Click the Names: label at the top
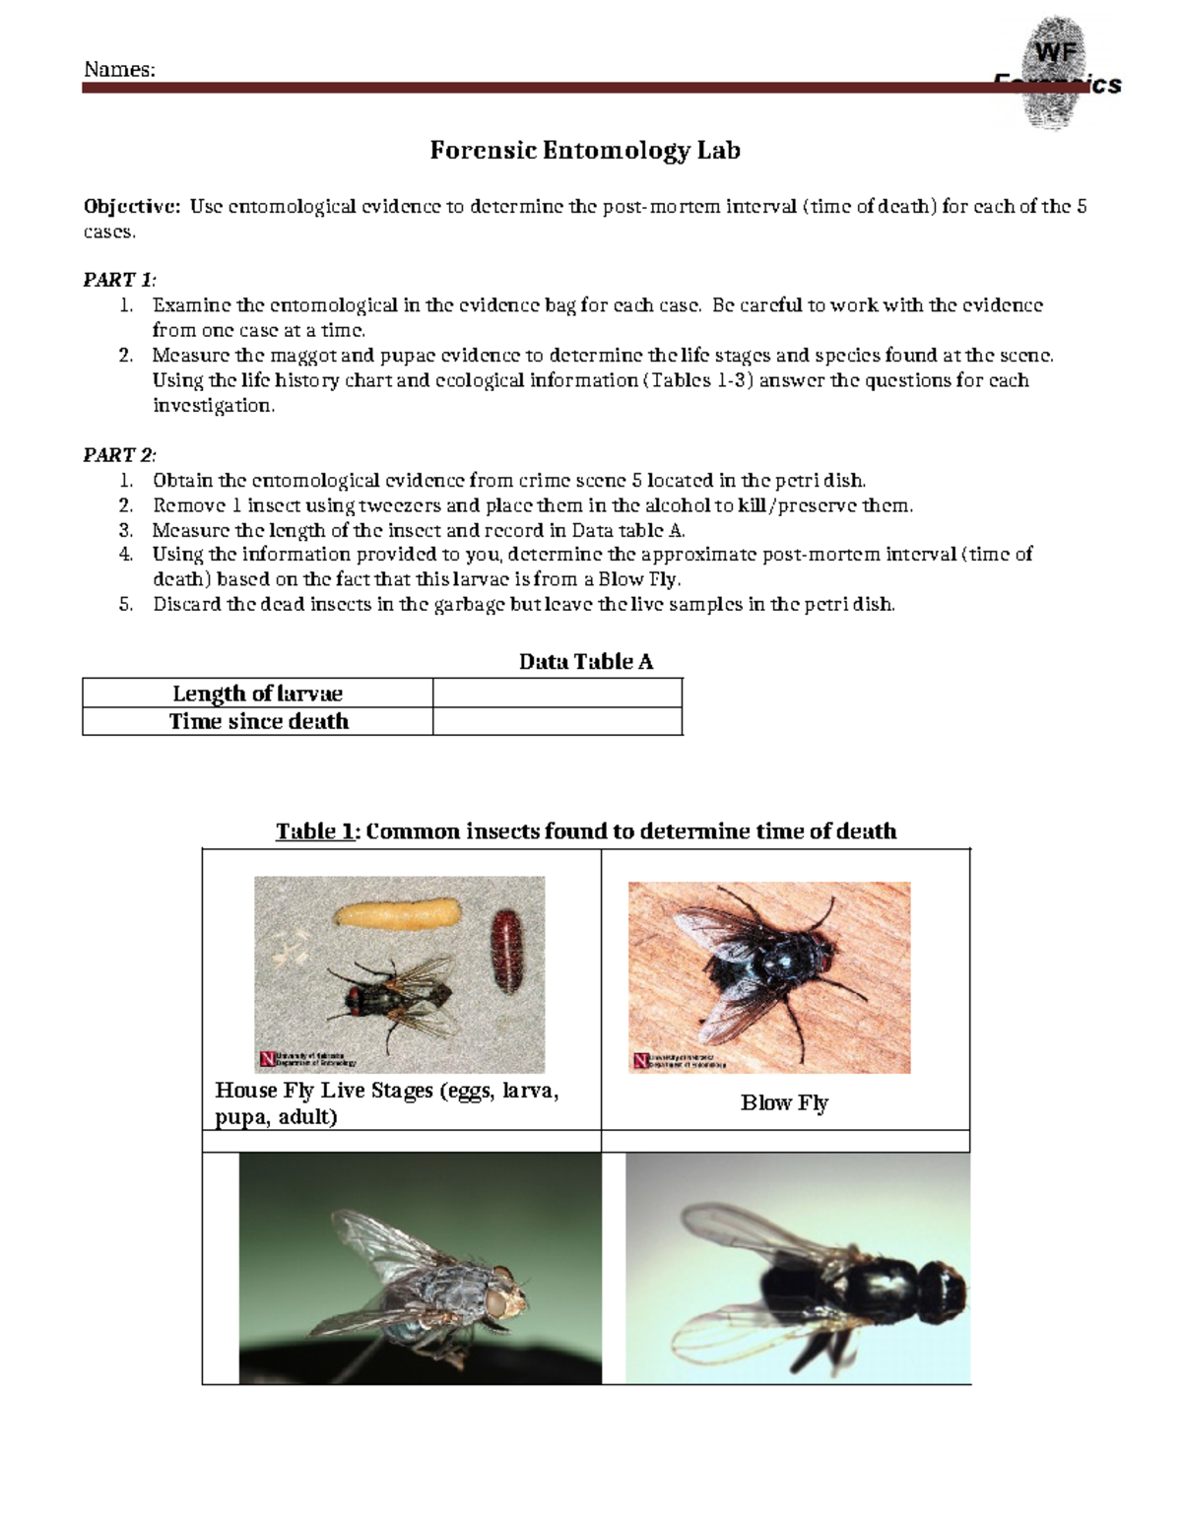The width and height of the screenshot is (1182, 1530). pos(119,69)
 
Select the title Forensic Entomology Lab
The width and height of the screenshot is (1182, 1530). pos(584,151)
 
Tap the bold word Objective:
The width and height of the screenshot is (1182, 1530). pos(132,207)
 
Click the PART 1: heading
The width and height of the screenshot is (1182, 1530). pos(119,280)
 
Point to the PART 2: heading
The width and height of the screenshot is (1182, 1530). pos(119,455)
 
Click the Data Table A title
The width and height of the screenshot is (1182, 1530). pos(585,662)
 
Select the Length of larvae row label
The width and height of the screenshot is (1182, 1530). pos(257,694)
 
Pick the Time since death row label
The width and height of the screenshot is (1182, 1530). pos(258,722)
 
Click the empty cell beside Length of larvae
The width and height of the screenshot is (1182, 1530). pos(557,694)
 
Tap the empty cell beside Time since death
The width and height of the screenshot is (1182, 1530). pos(557,722)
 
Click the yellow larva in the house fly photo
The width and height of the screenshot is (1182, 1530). pos(398,913)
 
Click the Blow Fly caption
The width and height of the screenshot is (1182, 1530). pos(784,1103)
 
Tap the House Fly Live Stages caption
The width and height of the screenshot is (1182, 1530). pos(386,1103)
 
